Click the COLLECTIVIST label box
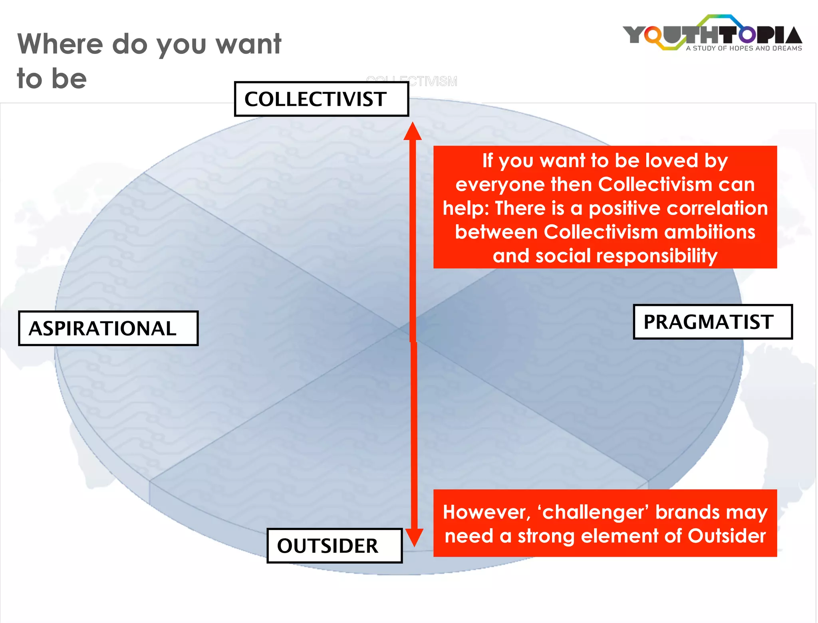[321, 99]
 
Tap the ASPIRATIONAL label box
[108, 328]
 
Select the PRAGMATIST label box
[713, 322]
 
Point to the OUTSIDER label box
[334, 546]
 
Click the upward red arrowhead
[413, 131]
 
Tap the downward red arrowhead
[414, 538]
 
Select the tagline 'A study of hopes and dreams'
[744, 48]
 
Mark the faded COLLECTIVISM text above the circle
[412, 81]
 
